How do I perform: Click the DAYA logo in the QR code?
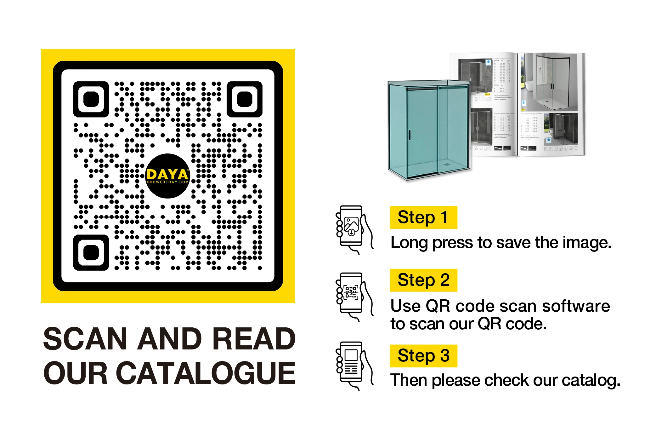tap(168, 176)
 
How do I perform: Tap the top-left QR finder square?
tap(91, 99)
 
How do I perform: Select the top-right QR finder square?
tap(245, 99)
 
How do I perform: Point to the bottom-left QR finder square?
tap(91, 253)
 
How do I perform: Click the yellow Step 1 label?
tap(423, 217)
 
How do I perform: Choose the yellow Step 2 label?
tap(423, 280)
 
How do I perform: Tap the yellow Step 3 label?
tap(423, 356)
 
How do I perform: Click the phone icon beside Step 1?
tap(353, 228)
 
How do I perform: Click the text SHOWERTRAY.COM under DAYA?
tap(168, 182)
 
